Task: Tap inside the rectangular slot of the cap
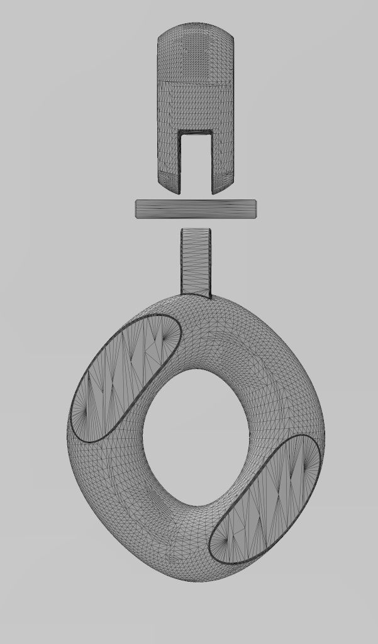pyautogui.click(x=196, y=161)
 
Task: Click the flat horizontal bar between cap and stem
pyautogui.click(x=196, y=209)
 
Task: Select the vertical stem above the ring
pyautogui.click(x=196, y=261)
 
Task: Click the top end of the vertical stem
pyautogui.click(x=196, y=230)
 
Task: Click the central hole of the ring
pyautogui.click(x=196, y=438)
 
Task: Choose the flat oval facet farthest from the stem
pyautogui.click(x=267, y=500)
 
